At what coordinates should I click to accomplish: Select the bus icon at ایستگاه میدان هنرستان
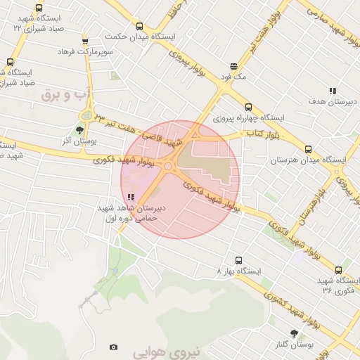pyautogui.click(x=308, y=149)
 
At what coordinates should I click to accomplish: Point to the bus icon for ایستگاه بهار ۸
pyautogui.click(x=238, y=259)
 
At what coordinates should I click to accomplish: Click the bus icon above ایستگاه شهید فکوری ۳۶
pyautogui.click(x=338, y=269)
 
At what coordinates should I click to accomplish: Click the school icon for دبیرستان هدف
pyautogui.click(x=333, y=91)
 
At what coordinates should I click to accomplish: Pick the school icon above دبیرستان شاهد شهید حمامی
pyautogui.click(x=131, y=198)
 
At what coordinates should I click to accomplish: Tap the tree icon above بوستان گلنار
pyautogui.click(x=293, y=333)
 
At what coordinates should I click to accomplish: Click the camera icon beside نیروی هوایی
pyautogui.click(x=114, y=347)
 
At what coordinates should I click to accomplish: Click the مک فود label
pyautogui.click(x=235, y=75)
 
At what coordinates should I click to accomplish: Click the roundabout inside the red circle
pyautogui.click(x=168, y=167)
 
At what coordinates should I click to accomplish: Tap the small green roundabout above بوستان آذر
pyautogui.click(x=86, y=115)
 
